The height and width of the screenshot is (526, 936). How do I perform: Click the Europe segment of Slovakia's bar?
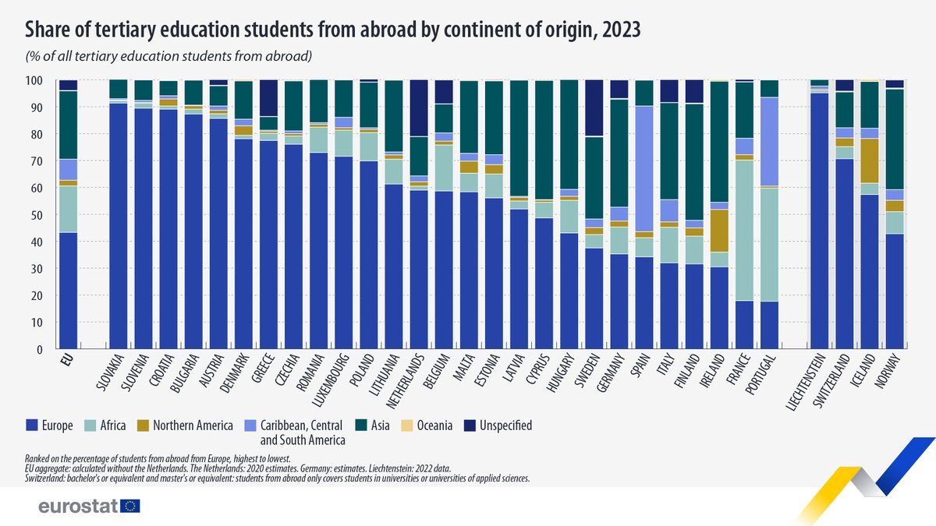click(x=119, y=226)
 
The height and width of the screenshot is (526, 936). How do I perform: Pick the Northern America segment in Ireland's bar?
click(x=719, y=231)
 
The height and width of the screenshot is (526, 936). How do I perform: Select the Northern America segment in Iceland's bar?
click(x=867, y=161)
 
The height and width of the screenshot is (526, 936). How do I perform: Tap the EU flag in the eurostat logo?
click(x=130, y=507)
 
